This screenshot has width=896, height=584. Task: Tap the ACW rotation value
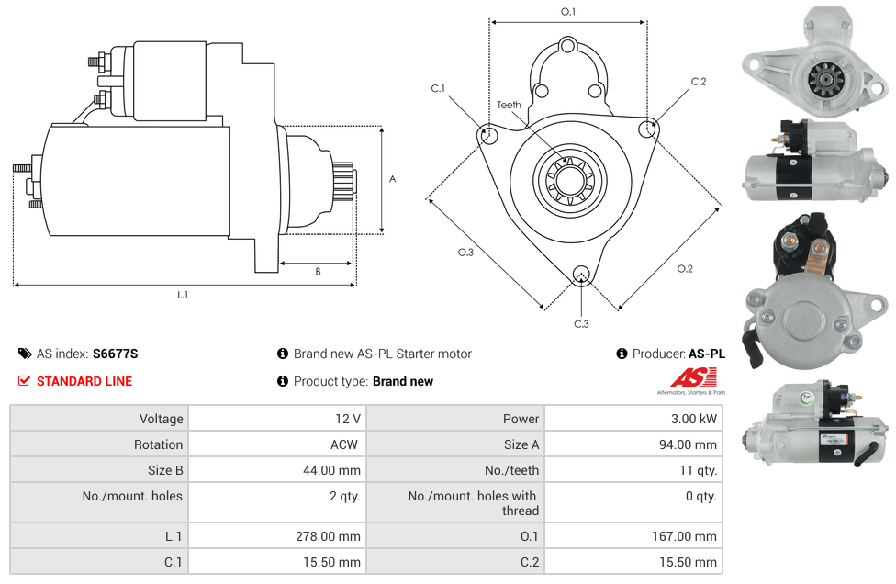tap(346, 444)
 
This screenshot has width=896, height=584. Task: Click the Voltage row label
tap(161, 419)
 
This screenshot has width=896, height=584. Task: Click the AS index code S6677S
tap(115, 354)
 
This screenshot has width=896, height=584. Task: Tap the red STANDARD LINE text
tap(84, 381)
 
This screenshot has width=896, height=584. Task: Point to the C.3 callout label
tap(581, 323)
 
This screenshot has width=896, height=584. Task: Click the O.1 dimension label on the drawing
tap(568, 12)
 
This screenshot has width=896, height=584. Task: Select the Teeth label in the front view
tap(509, 105)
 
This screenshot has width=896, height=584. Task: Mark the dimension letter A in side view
tap(392, 179)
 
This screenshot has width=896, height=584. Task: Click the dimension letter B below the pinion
tap(318, 272)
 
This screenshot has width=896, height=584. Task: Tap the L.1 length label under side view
tap(183, 295)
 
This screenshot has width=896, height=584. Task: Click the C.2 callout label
tap(699, 82)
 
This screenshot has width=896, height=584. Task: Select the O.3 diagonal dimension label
tap(465, 253)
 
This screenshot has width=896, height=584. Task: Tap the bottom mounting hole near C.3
tap(580, 275)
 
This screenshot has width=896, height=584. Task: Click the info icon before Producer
tap(622, 354)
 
